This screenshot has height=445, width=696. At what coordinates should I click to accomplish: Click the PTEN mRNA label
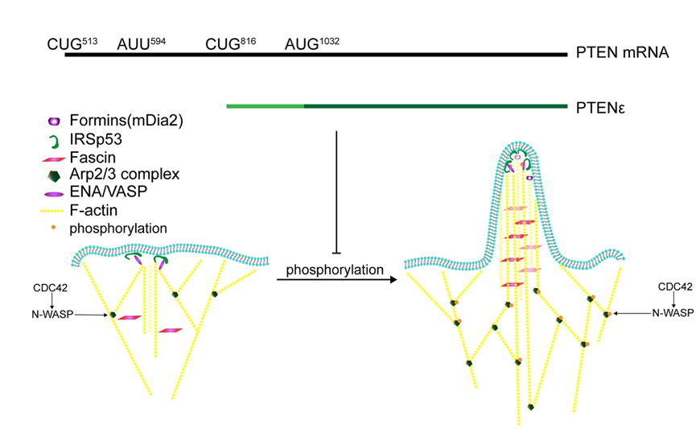pos(622,55)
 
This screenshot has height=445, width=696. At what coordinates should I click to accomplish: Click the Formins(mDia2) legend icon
pos(55,122)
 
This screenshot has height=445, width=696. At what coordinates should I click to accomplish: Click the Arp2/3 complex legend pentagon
pos(55,174)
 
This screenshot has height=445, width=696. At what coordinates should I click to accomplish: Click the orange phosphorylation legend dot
pos(54,228)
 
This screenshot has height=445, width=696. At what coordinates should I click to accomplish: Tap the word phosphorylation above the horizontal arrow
pos(336,270)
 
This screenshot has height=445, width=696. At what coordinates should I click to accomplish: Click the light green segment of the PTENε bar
pos(265,105)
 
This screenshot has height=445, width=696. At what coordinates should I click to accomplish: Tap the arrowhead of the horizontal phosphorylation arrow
pos(394,280)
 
